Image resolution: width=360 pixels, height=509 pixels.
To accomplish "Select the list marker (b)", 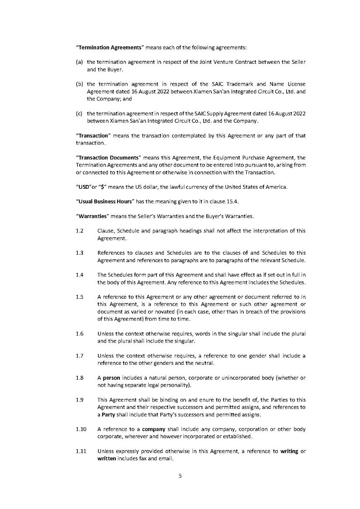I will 79,84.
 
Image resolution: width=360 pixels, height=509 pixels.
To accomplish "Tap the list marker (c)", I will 79,114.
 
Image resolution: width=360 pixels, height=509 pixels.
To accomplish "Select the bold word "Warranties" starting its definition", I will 93,216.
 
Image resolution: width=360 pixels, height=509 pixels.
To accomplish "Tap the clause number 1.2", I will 79,231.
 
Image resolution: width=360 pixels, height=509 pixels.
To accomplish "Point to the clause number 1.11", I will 80,452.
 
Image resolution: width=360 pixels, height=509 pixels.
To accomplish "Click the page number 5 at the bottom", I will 180,476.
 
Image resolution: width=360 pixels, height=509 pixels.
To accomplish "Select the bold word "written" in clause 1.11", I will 107,459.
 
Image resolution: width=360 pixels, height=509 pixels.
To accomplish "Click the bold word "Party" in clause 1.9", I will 108,415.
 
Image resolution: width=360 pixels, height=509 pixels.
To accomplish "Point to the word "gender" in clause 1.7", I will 246,356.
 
